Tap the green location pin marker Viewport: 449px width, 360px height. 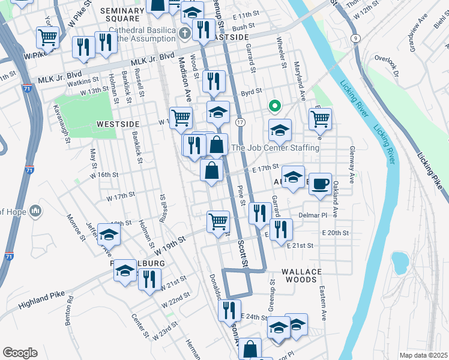275,107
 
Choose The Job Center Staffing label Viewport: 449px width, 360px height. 275,148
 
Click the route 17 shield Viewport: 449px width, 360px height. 240,122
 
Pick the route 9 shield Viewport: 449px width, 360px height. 356,38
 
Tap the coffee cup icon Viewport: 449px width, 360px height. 321,182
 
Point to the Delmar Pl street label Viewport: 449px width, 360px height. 312,215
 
